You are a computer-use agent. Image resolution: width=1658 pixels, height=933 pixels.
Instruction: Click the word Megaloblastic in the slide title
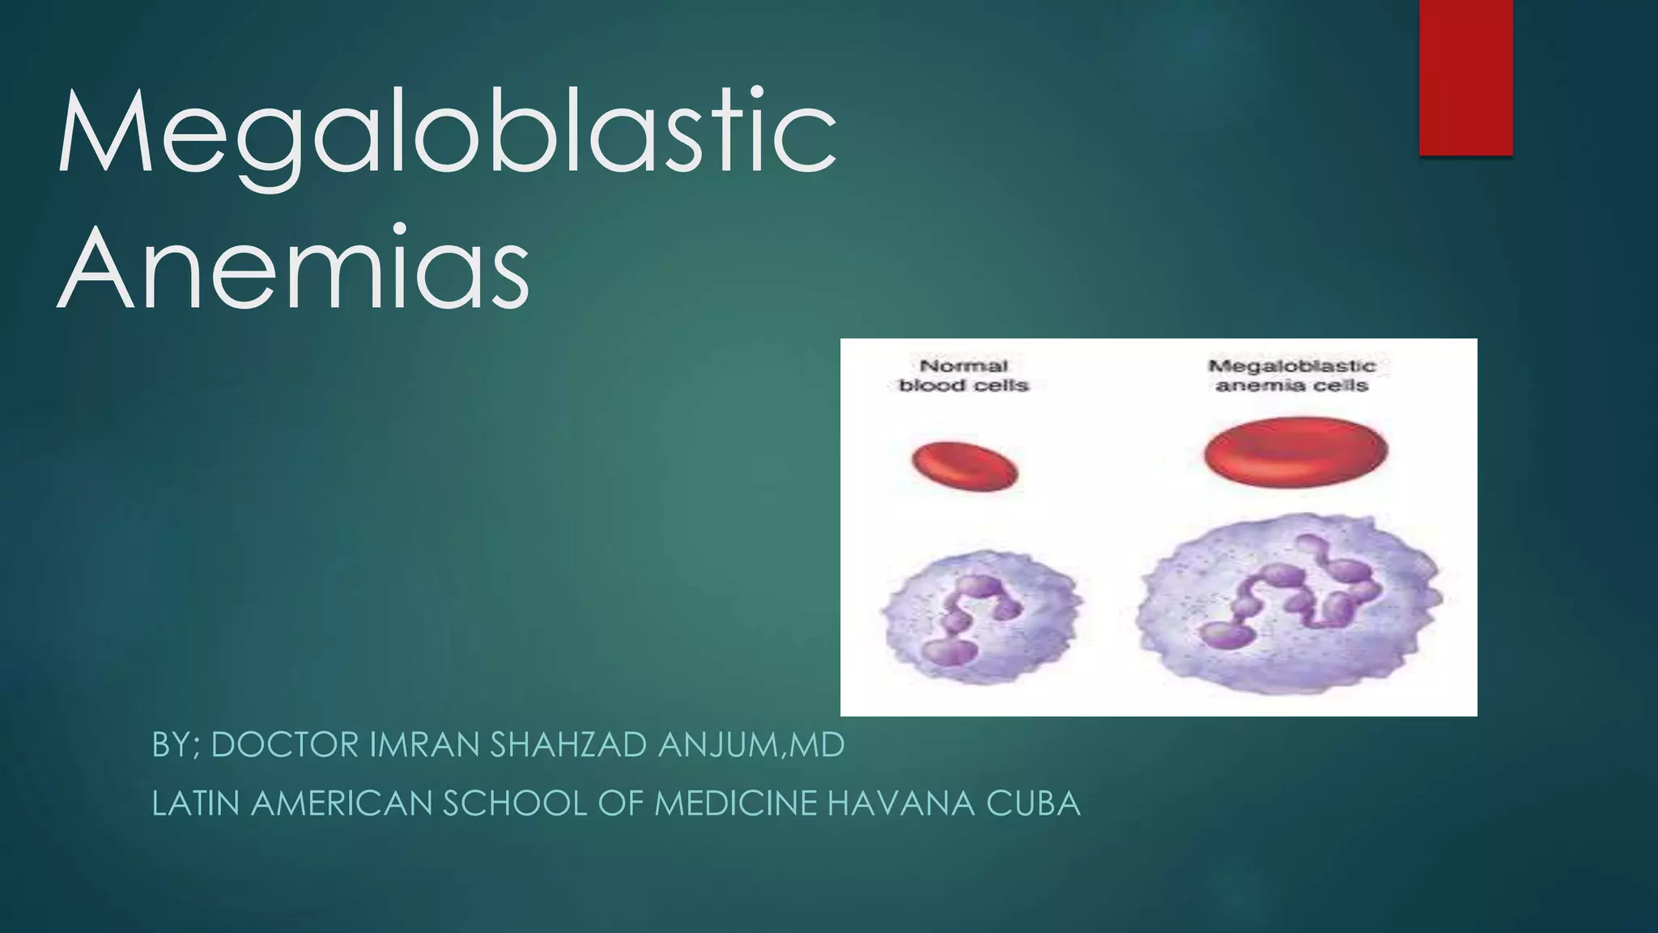click(x=446, y=134)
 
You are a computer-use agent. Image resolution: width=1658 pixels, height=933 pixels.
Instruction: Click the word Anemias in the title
click(x=293, y=268)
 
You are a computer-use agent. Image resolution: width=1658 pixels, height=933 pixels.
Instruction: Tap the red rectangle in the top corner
click(x=1465, y=77)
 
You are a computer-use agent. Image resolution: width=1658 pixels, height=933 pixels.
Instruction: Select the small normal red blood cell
click(x=964, y=466)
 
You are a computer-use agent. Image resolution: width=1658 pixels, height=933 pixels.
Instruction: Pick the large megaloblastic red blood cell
click(x=1295, y=453)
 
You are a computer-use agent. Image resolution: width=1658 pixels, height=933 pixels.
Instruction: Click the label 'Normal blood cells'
click(x=963, y=376)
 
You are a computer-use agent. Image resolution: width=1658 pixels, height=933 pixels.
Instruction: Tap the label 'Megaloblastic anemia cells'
click(x=1292, y=376)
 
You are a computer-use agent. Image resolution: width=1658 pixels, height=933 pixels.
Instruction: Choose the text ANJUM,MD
click(x=751, y=745)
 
